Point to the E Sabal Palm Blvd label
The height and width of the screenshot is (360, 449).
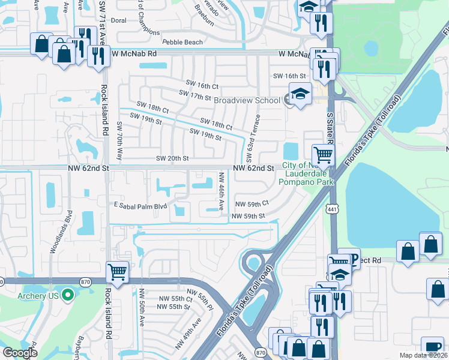(140, 205)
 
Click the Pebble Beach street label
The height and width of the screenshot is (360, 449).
(182, 43)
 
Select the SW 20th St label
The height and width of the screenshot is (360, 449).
(172, 158)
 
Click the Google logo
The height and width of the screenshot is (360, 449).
(20, 353)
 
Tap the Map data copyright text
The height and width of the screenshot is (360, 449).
(423, 355)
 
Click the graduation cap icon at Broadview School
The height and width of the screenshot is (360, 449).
(300, 94)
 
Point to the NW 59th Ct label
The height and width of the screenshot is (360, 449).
(252, 204)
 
